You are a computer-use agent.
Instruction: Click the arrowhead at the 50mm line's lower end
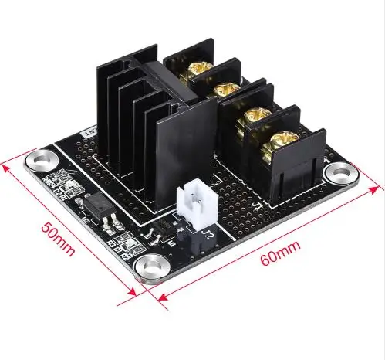(x=136, y=290)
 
